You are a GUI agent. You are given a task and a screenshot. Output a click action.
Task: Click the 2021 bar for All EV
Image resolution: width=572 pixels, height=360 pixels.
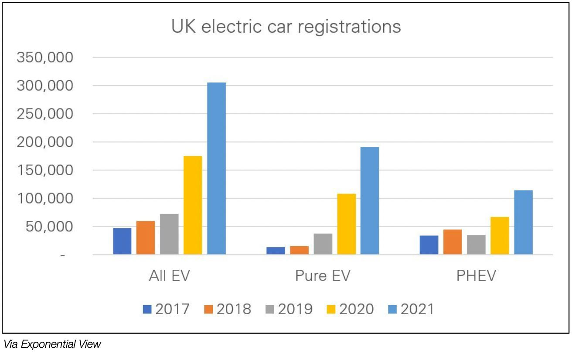tap(216, 168)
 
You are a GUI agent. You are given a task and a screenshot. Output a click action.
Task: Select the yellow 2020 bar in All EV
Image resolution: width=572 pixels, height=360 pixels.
tap(193, 205)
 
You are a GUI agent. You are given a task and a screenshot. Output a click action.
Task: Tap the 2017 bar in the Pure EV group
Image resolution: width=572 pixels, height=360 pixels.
tap(276, 251)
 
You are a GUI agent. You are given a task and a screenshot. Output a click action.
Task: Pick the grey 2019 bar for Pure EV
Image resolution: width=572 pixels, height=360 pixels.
tap(323, 244)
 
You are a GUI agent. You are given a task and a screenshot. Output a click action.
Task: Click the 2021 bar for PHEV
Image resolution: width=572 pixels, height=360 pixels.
tap(523, 222)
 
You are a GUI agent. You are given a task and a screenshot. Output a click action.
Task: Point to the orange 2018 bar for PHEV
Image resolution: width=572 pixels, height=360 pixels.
tap(453, 242)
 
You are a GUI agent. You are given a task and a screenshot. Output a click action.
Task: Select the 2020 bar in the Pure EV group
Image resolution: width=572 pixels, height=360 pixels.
tap(346, 224)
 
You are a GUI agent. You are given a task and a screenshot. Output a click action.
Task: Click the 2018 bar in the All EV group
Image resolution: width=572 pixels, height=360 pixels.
tap(146, 238)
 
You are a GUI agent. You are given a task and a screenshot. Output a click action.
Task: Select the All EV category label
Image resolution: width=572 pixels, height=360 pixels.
tap(169, 277)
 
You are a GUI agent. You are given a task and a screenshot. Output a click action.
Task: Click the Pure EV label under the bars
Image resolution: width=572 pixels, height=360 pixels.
tap(323, 277)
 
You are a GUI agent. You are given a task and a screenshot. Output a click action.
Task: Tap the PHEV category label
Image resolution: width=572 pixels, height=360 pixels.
tap(476, 277)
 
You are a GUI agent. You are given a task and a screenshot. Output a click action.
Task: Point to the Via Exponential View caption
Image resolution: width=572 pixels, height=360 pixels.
tap(52, 344)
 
